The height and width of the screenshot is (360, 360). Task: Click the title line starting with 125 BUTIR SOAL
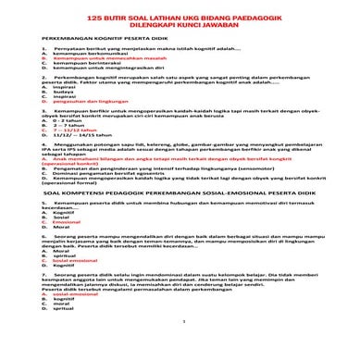pos(180,17)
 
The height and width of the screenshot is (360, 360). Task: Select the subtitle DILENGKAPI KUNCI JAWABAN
pos(180,25)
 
